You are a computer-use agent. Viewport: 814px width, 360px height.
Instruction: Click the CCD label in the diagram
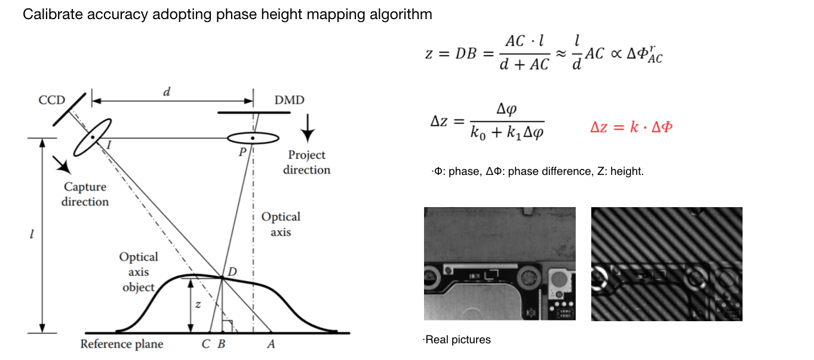pyautogui.click(x=52, y=100)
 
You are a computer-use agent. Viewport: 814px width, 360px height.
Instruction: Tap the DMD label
pyautogui.click(x=289, y=100)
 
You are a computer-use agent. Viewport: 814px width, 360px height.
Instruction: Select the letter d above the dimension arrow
pyautogui.click(x=167, y=91)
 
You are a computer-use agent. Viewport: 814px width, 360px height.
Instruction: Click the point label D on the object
pyautogui.click(x=232, y=272)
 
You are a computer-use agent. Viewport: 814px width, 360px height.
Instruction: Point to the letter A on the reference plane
pyautogui.click(x=271, y=344)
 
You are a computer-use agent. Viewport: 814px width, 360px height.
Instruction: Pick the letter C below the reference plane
pyautogui.click(x=205, y=344)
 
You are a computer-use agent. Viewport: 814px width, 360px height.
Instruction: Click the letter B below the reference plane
pyautogui.click(x=222, y=344)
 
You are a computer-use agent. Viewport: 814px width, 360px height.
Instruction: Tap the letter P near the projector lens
pyautogui.click(x=242, y=152)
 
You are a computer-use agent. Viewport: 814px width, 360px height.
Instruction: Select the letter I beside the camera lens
pyautogui.click(x=109, y=145)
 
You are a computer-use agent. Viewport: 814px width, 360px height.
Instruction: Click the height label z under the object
pyautogui.click(x=198, y=304)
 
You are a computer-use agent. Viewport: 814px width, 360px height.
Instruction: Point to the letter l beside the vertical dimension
pyautogui.click(x=32, y=234)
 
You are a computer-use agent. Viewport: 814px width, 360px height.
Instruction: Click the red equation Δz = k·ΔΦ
pyautogui.click(x=631, y=127)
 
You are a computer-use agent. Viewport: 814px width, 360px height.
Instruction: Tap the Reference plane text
pyautogui.click(x=122, y=344)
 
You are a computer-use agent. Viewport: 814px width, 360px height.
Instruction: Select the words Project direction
pyautogui.click(x=307, y=162)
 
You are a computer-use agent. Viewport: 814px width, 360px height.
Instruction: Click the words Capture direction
pyautogui.click(x=85, y=194)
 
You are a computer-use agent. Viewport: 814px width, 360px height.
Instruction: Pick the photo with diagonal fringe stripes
pyautogui.click(x=666, y=264)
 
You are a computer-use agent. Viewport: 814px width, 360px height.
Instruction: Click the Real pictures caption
pyautogui.click(x=457, y=340)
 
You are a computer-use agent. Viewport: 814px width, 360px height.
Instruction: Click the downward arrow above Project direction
pyautogui.click(x=308, y=128)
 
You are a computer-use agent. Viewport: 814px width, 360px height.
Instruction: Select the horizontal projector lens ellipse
pyautogui.click(x=253, y=138)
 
